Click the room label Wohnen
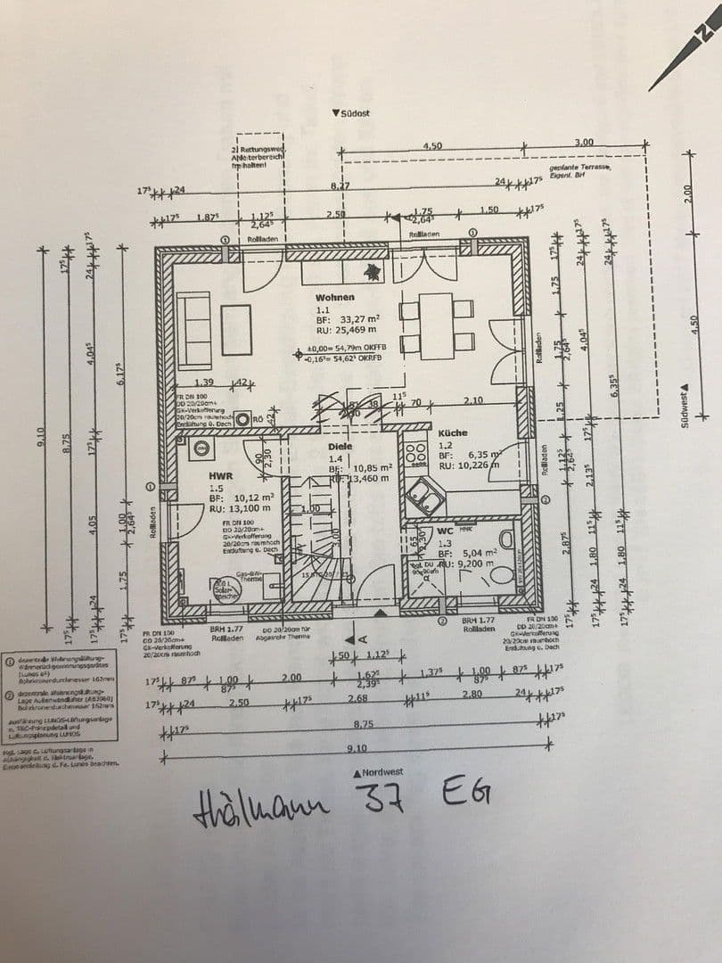pyautogui.click(x=334, y=297)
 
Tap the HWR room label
pyautogui.click(x=220, y=476)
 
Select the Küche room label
pyautogui.click(x=452, y=432)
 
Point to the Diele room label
pyautogui.click(x=340, y=447)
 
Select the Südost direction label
pyautogui.click(x=354, y=113)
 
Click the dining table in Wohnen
pyautogui.click(x=437, y=322)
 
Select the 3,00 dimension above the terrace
pyautogui.click(x=584, y=143)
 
